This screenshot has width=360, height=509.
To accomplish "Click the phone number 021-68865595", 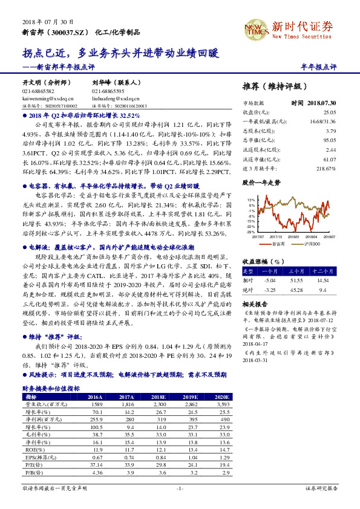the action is coord(107,90).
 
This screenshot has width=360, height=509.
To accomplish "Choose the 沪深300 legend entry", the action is coord(312,244).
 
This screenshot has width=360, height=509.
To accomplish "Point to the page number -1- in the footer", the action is coord(180,487).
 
